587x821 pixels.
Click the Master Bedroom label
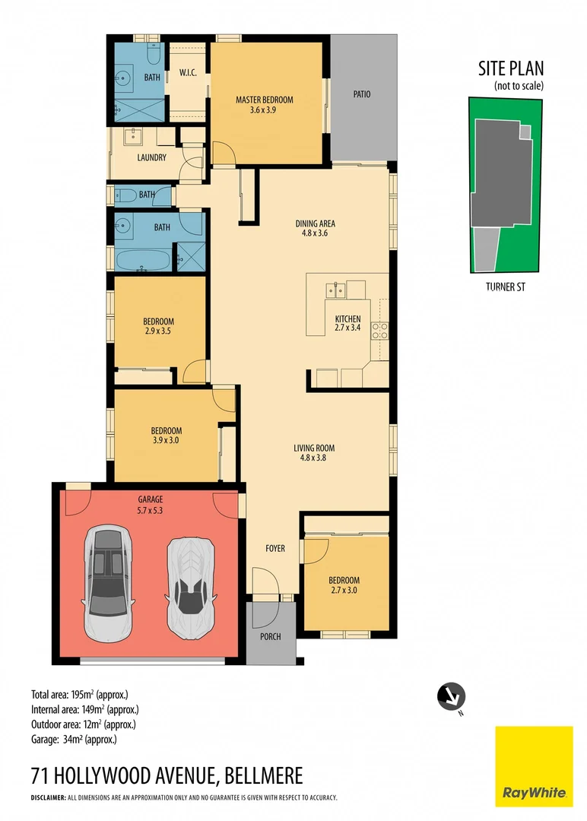[264, 100]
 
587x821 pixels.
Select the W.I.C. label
[188, 73]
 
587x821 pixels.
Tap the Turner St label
[506, 287]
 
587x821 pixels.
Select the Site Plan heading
[511, 69]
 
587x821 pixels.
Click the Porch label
[270, 637]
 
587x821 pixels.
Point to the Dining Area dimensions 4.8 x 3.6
[315, 234]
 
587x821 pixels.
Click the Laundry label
[151, 158]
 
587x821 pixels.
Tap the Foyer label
[275, 548]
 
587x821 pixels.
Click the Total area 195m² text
[79, 694]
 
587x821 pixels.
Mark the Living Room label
[314, 448]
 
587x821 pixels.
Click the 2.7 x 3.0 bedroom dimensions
[344, 589]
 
